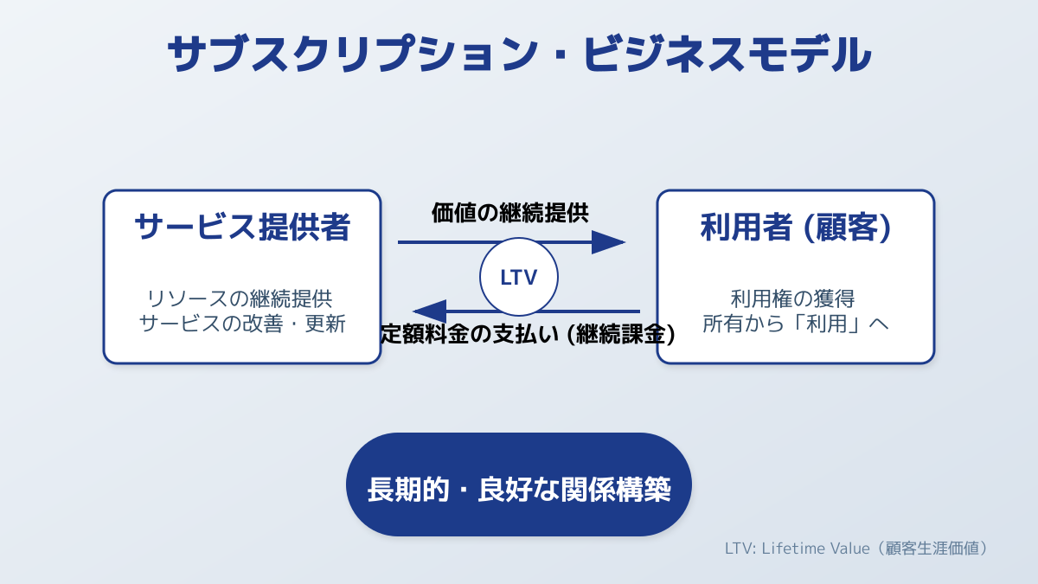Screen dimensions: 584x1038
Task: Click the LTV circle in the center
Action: [x=519, y=277]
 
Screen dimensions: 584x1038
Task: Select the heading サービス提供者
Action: [x=242, y=227]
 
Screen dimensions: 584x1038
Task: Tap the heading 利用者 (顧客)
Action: [x=796, y=227]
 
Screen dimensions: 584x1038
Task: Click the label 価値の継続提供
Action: [x=510, y=212]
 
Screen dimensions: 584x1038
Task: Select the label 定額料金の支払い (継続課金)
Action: [x=528, y=334]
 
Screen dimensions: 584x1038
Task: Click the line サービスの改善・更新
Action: [x=242, y=324]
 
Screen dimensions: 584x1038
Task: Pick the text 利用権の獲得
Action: [x=793, y=299]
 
